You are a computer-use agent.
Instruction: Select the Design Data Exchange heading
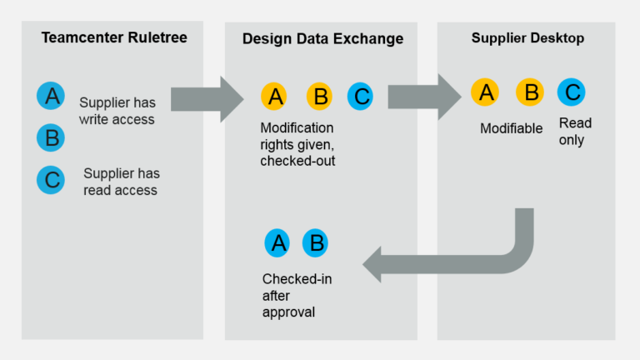(x=322, y=39)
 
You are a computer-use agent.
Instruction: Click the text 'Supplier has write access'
(x=117, y=111)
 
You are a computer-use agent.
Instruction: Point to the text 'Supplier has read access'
(x=121, y=182)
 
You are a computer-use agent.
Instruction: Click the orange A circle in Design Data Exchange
(x=275, y=97)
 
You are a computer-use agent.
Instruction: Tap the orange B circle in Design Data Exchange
(x=319, y=97)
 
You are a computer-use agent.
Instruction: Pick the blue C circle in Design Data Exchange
(x=360, y=97)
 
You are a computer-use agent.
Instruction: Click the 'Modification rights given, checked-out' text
(x=297, y=144)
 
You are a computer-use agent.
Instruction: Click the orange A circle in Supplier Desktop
(x=485, y=92)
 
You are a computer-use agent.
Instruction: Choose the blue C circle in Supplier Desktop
(x=571, y=92)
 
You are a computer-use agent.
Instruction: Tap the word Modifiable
(x=511, y=128)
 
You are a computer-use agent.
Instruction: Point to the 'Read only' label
(x=574, y=132)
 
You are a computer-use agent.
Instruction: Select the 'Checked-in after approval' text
(x=297, y=295)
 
